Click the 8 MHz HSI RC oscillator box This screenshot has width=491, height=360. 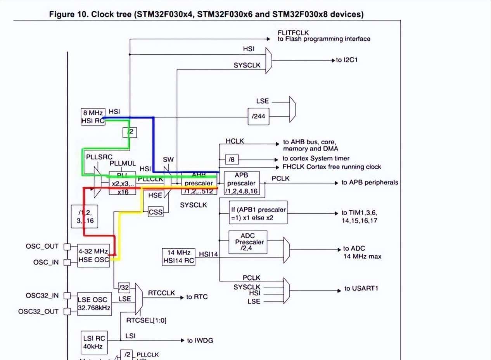[x=92, y=116]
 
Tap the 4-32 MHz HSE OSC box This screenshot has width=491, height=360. [x=93, y=255]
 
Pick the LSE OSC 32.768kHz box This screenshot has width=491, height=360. [x=94, y=304]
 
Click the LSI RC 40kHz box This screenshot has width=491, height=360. [x=94, y=342]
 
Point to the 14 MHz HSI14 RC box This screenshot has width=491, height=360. [x=179, y=257]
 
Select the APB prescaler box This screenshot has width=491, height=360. [x=241, y=183]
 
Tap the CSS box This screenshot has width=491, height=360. [x=156, y=212]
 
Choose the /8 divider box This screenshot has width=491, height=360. [x=231, y=159]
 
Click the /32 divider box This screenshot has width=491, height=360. [x=124, y=287]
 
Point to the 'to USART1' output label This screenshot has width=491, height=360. [x=361, y=289]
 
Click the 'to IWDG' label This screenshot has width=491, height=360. [x=200, y=341]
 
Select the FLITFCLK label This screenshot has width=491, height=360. [x=293, y=33]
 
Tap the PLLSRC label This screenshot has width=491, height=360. [x=99, y=157]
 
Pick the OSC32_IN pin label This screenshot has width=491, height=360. [x=42, y=296]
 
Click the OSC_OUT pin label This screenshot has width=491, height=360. [x=42, y=246]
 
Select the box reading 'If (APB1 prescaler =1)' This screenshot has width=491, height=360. [x=258, y=213]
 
